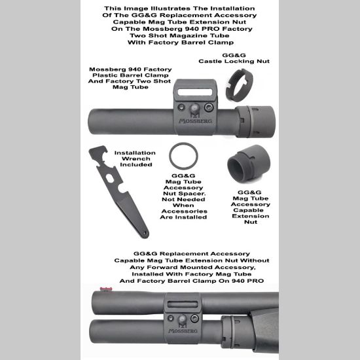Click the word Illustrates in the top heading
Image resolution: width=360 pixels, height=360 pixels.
coord(171,8)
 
